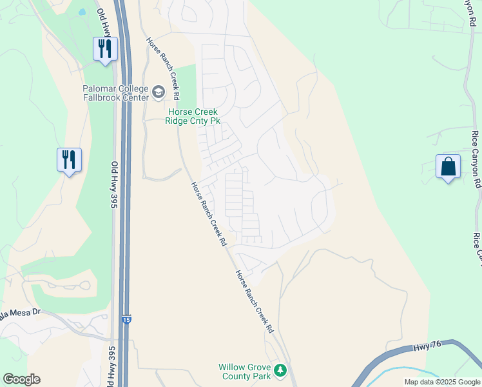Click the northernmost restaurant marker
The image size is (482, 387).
pos(105,48)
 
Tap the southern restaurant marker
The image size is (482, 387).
pos(70,159)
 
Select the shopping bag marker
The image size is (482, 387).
pos(448,166)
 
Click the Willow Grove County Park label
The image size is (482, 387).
pos(244,371)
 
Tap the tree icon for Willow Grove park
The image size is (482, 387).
pos(280,370)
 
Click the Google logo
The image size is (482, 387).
pos(21,379)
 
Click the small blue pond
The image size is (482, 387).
pos(82,12)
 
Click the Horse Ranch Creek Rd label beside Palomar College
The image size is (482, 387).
pos(161,68)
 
